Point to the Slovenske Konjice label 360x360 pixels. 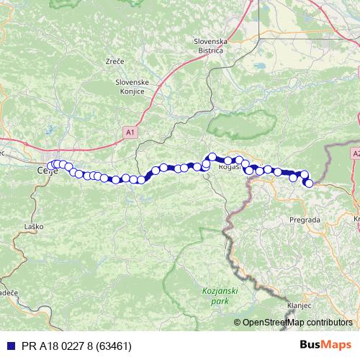click(132, 87)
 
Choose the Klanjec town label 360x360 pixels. click(298, 305)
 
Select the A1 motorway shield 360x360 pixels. click(130, 132)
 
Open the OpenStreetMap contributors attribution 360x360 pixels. click(297, 322)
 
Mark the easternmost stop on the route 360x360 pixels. click(309, 183)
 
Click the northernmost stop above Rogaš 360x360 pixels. click(212, 156)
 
